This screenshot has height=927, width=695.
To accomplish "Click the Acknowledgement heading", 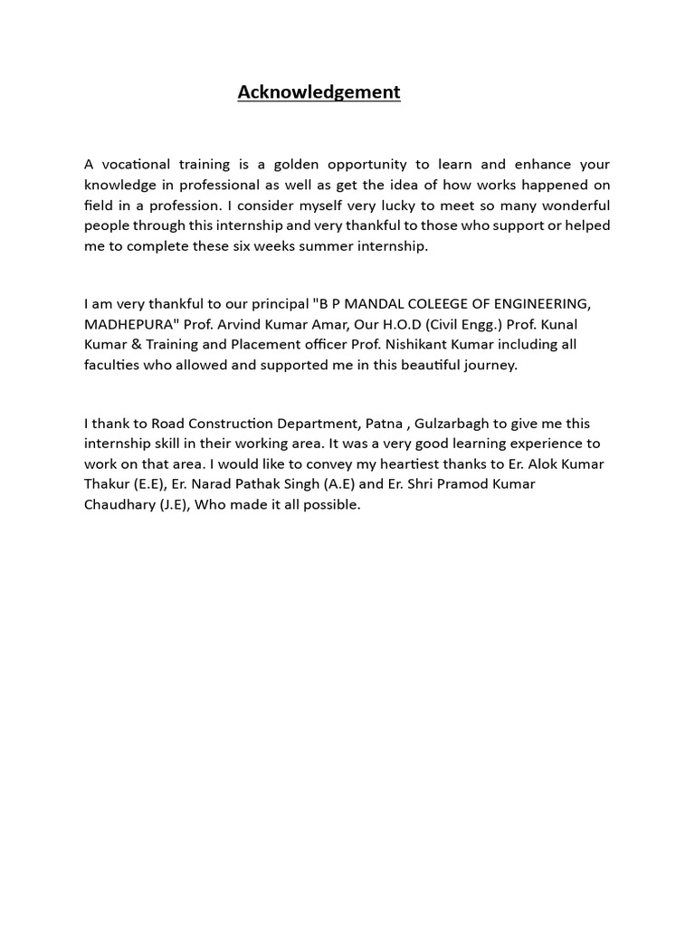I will click(x=319, y=92).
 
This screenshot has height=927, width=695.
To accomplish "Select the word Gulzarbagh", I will click(x=452, y=423).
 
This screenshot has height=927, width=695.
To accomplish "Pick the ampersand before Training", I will click(x=129, y=345).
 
